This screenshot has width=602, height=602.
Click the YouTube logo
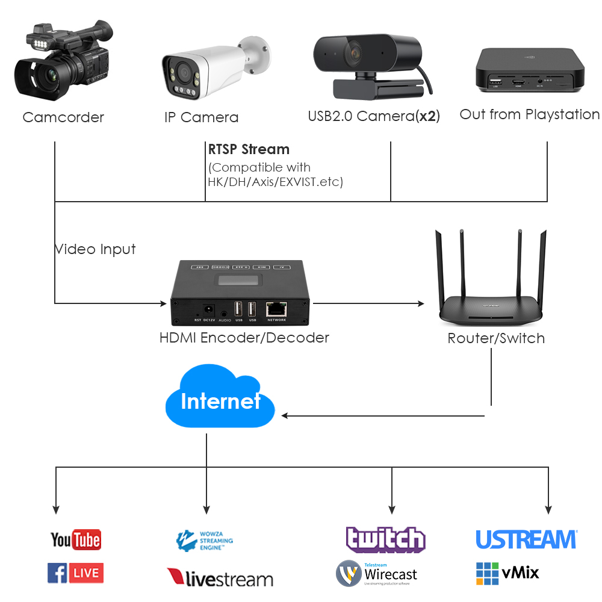coord(75,539)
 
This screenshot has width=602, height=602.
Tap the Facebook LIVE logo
coord(75,573)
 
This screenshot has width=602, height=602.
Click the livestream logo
coord(220,579)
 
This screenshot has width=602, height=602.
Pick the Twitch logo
coord(385,539)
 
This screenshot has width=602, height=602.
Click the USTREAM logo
coord(526,539)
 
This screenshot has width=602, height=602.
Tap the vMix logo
coord(507,573)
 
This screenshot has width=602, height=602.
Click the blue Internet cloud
coord(220,399)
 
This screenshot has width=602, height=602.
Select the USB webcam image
coord(368,63)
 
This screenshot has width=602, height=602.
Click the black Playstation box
coord(530,69)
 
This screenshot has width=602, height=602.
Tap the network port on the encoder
coord(276,308)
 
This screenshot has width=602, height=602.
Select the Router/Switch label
coord(496,338)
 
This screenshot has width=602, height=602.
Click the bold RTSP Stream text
coord(249,149)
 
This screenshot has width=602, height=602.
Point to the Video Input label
coord(95,249)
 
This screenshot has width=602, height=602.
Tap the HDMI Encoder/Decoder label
coord(244,338)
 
